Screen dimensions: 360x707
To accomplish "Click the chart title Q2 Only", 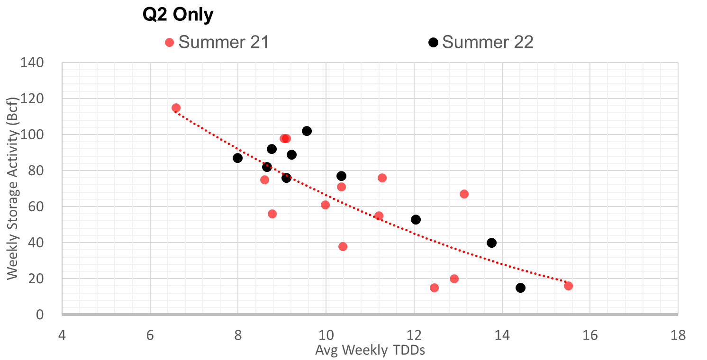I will click(x=178, y=15).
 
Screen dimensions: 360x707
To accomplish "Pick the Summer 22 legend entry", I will click(x=481, y=42).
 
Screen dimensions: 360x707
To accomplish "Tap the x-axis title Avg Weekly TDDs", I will click(x=370, y=351).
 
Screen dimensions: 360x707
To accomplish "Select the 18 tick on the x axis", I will click(x=678, y=335).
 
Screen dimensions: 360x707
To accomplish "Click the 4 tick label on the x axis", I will click(x=62, y=335).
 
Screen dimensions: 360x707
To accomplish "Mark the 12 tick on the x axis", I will click(x=414, y=335).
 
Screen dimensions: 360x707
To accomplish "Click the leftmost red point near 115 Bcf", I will click(x=176, y=108).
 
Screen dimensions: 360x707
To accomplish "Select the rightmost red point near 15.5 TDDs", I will click(x=568, y=286).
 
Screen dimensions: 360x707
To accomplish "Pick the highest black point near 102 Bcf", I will click(x=307, y=131).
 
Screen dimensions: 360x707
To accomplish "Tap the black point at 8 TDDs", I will click(x=237, y=158).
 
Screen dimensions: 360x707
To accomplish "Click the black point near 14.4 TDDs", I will click(x=520, y=288).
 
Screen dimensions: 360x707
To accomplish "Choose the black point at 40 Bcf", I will click(x=491, y=243).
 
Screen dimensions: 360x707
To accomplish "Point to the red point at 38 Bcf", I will click(x=343, y=246).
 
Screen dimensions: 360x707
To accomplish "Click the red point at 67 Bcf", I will click(x=464, y=194).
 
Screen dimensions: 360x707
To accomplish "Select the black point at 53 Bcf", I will click(x=416, y=219).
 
